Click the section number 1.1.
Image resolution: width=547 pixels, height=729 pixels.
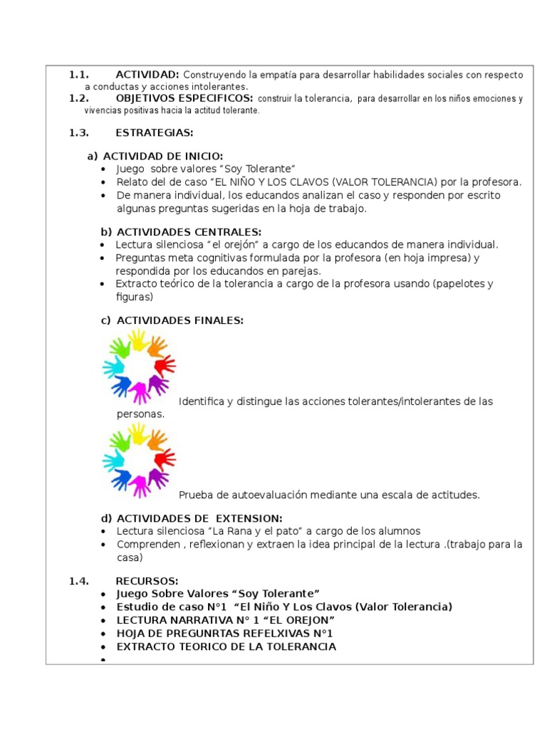[78, 75]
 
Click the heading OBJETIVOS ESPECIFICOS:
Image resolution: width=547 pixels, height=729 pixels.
[184, 98]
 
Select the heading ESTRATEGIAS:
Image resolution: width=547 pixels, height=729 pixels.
[154, 132]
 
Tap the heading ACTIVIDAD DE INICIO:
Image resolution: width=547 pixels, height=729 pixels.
[163, 157]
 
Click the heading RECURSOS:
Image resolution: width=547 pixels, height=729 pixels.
[147, 581]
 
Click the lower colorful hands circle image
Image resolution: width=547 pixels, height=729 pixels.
[139, 460]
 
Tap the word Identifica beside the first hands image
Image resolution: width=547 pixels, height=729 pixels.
[202, 402]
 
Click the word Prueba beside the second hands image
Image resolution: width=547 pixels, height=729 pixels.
[195, 495]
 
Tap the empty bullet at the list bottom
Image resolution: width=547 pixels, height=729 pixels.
[104, 660]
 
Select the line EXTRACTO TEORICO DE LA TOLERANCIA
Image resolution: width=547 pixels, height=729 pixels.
[226, 646]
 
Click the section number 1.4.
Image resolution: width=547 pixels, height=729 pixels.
[78, 581]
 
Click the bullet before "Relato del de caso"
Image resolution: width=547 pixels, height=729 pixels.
[104, 182]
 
